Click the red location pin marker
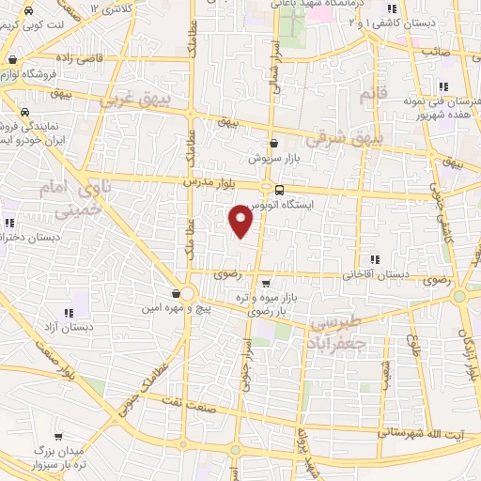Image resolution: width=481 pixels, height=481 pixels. tap(241, 221)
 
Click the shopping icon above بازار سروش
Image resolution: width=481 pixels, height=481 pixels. tap(273, 143)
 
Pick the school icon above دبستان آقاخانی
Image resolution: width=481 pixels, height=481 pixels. tap(375, 259)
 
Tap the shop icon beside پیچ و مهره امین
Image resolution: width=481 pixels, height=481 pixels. tap(176, 294)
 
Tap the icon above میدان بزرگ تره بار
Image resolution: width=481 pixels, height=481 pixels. tap(59, 437)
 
